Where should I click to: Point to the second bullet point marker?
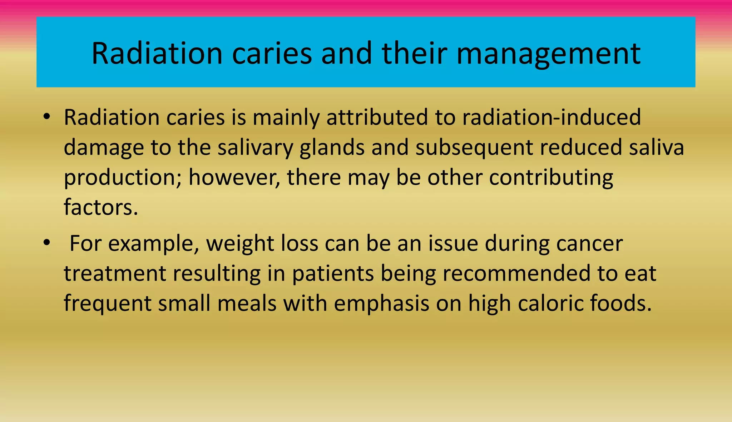[x=46, y=243]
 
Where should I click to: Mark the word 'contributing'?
[x=551, y=177]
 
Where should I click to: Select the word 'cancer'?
[x=589, y=243]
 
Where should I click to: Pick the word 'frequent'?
[x=108, y=303]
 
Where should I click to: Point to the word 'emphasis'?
[x=381, y=303]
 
